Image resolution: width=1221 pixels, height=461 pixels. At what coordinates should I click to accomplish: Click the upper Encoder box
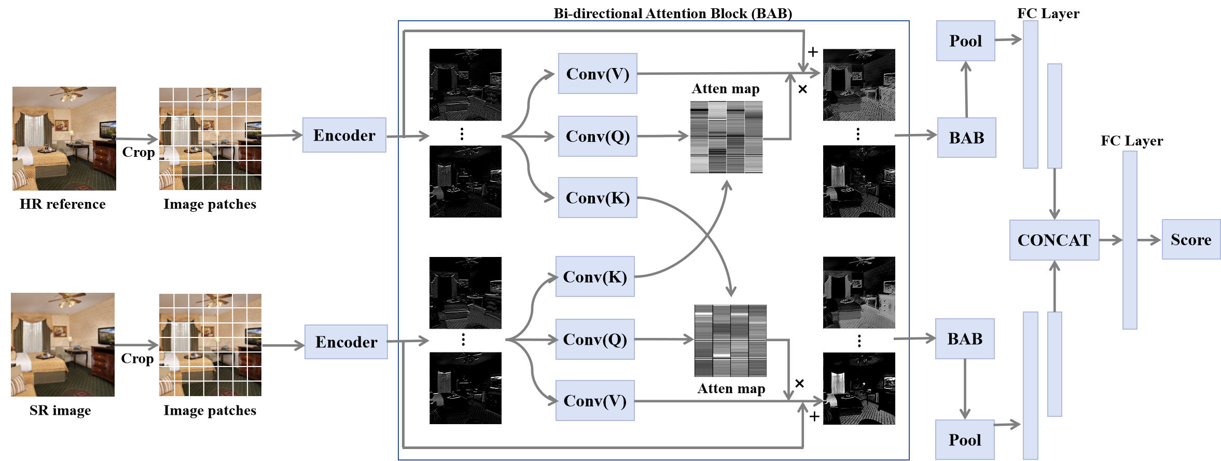point(344,135)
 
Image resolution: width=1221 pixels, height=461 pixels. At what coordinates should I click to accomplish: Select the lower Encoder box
point(346,342)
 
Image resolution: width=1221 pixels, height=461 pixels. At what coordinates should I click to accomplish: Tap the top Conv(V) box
point(598,74)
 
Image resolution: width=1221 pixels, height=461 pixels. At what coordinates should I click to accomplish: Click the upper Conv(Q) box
point(598,136)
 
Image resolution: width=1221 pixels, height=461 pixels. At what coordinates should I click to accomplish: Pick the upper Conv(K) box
point(598,198)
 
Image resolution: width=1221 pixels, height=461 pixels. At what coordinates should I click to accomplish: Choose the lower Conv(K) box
point(595,277)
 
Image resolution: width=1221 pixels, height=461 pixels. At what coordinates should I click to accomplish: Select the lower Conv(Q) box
point(595,340)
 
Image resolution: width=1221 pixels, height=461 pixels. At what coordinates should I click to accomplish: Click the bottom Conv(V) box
point(595,401)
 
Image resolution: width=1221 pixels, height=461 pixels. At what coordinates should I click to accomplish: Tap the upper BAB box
point(966,138)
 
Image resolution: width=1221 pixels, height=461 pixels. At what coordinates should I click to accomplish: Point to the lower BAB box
point(965,339)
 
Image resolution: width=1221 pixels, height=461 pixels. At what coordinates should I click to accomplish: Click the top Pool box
point(965,41)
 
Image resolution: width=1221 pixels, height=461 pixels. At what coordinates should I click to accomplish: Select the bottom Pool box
point(965,440)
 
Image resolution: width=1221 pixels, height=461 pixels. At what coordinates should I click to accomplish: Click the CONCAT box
point(1054,240)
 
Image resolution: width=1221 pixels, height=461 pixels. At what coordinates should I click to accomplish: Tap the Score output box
point(1191,239)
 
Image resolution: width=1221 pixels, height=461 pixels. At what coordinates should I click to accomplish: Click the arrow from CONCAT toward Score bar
point(1111,240)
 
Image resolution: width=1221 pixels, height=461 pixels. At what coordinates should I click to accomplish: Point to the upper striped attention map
point(726,137)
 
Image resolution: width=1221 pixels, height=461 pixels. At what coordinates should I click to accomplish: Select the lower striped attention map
point(730,341)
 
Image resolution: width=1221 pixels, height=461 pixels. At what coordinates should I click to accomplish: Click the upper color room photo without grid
point(64,139)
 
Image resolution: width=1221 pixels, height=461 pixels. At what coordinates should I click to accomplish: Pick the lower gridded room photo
point(210,345)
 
